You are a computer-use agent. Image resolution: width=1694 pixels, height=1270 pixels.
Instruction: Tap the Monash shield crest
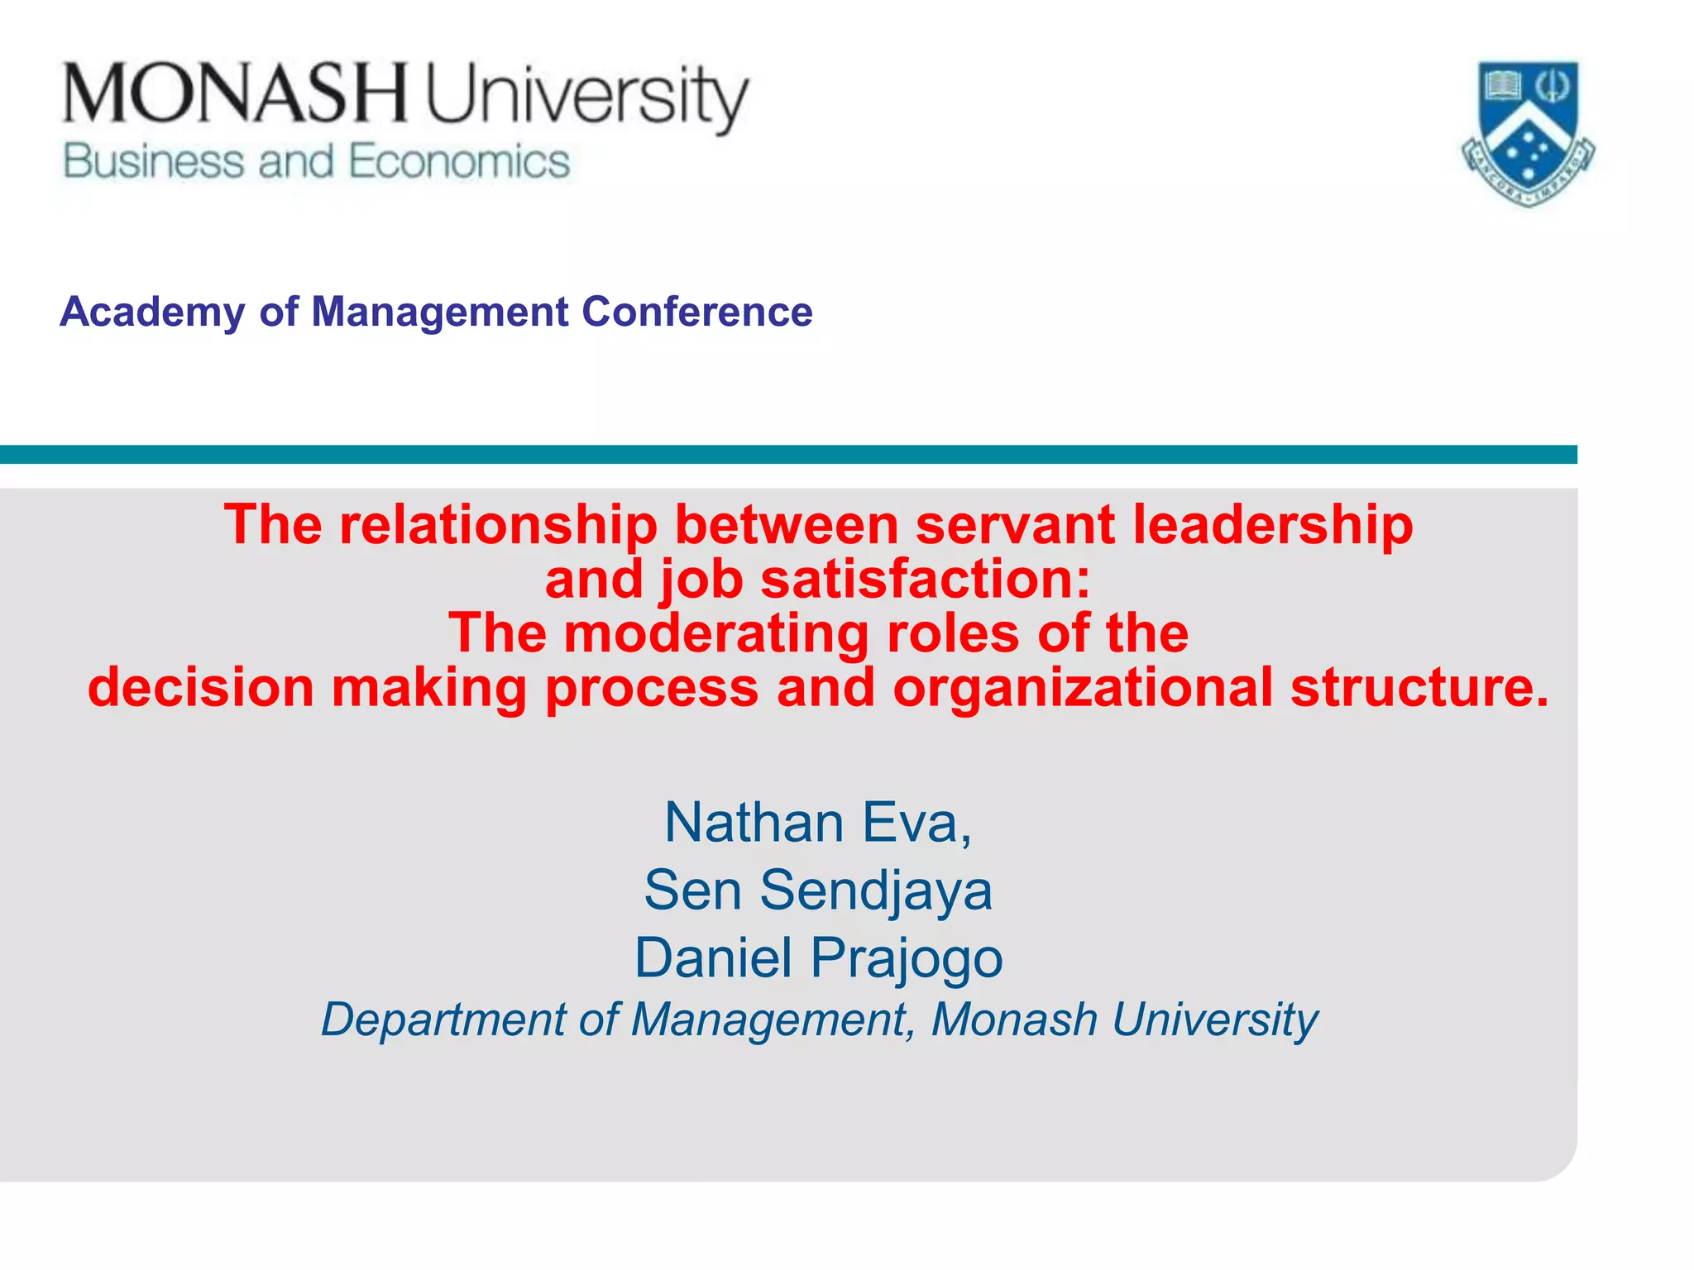coord(1528,132)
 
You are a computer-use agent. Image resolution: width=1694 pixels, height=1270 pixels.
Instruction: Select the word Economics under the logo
coord(459,161)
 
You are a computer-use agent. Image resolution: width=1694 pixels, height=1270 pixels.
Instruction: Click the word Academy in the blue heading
coord(152,312)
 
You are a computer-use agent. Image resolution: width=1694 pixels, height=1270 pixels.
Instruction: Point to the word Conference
coord(696,312)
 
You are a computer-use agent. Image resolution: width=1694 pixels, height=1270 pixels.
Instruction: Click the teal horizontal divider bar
coord(786,455)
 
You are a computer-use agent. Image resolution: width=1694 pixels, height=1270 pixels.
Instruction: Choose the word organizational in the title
coord(1083,688)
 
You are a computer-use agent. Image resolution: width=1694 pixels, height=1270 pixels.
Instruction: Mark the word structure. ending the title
coord(1419,688)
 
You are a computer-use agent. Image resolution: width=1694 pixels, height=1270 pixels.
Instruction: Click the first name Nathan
coord(754,823)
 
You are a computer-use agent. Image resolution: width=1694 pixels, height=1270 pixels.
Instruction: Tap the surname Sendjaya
coord(876,890)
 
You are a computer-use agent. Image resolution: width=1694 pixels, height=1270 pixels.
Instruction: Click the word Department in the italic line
coord(443,1019)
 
